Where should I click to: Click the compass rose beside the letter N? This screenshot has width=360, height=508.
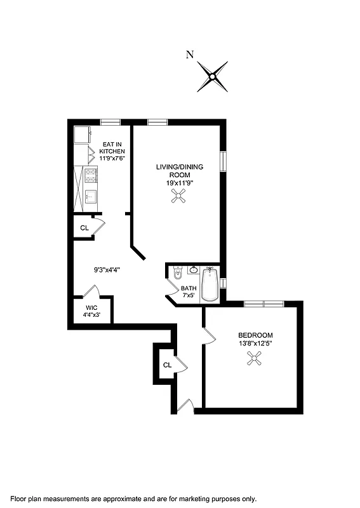pos(213,76)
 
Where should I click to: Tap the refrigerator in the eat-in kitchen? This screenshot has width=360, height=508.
pos(81,135)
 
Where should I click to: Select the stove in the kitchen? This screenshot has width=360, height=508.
pos(90,176)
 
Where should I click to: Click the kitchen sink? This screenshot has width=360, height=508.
pos(90,196)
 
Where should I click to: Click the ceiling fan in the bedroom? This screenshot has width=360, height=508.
pos(255,360)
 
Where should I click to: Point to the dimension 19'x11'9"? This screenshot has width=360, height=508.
pos(177,183)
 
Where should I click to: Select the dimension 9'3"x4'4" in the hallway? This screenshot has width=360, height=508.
pos(107,270)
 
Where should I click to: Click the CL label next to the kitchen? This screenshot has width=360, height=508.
pos(84,228)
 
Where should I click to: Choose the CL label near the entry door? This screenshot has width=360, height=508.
pos(167,365)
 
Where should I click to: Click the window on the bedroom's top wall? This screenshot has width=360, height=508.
pos(263,304)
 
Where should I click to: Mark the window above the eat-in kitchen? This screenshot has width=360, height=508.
pos(110,121)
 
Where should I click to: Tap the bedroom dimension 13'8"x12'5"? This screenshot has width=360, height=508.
pos(255,344)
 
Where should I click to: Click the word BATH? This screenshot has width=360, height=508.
pos(190,288)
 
